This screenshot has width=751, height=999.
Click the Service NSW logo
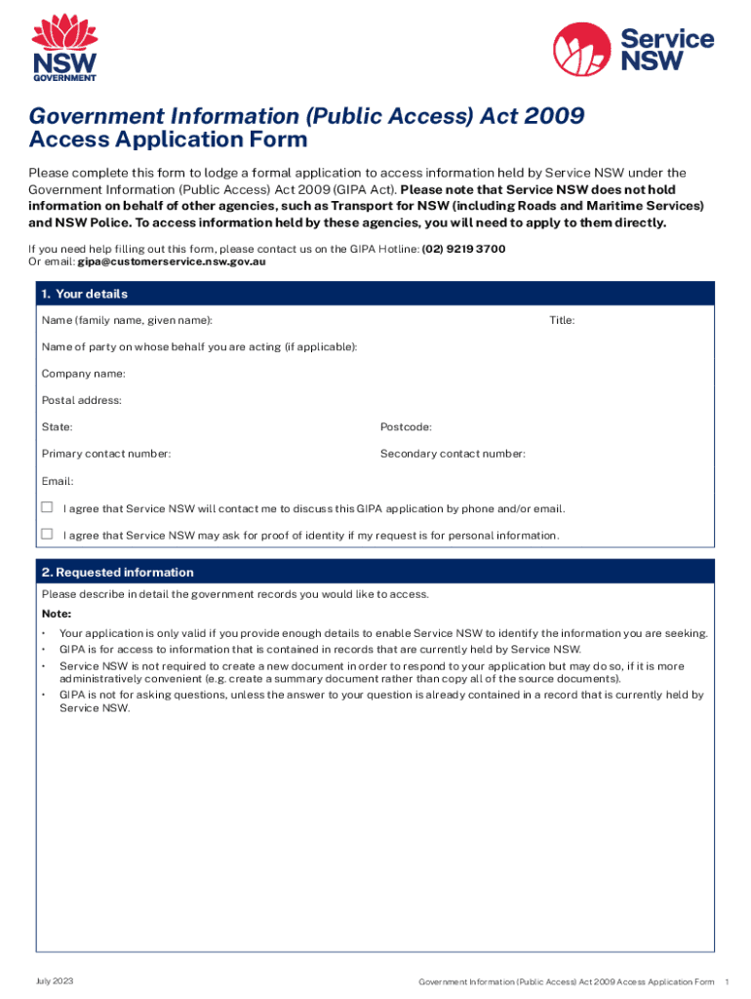tap(633, 48)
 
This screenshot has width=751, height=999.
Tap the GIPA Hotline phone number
tap(463, 249)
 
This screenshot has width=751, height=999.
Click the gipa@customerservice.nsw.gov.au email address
tap(172, 261)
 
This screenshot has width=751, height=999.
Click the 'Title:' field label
tap(562, 321)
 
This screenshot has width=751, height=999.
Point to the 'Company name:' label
tap(83, 374)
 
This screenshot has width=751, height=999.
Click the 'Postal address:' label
tap(81, 400)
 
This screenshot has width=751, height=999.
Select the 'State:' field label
tap(57, 427)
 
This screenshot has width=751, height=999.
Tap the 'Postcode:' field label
tap(406, 427)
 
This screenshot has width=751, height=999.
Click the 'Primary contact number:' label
tap(106, 454)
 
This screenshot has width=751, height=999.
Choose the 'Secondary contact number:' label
tap(453, 454)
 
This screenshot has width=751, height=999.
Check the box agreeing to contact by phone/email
tap(47, 508)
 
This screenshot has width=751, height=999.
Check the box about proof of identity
tap(47, 535)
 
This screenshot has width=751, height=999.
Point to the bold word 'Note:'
tap(57, 614)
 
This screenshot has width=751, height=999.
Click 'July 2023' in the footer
tap(55, 980)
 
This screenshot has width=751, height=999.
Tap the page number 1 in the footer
tap(728, 980)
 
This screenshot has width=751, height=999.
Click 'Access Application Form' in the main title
tap(168, 140)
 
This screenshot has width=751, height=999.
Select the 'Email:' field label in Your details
tap(58, 481)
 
